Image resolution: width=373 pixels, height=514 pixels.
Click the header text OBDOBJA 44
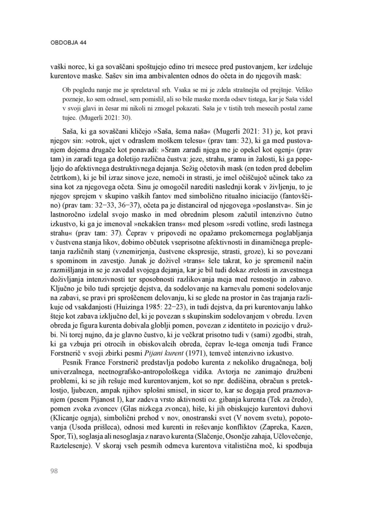68,43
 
